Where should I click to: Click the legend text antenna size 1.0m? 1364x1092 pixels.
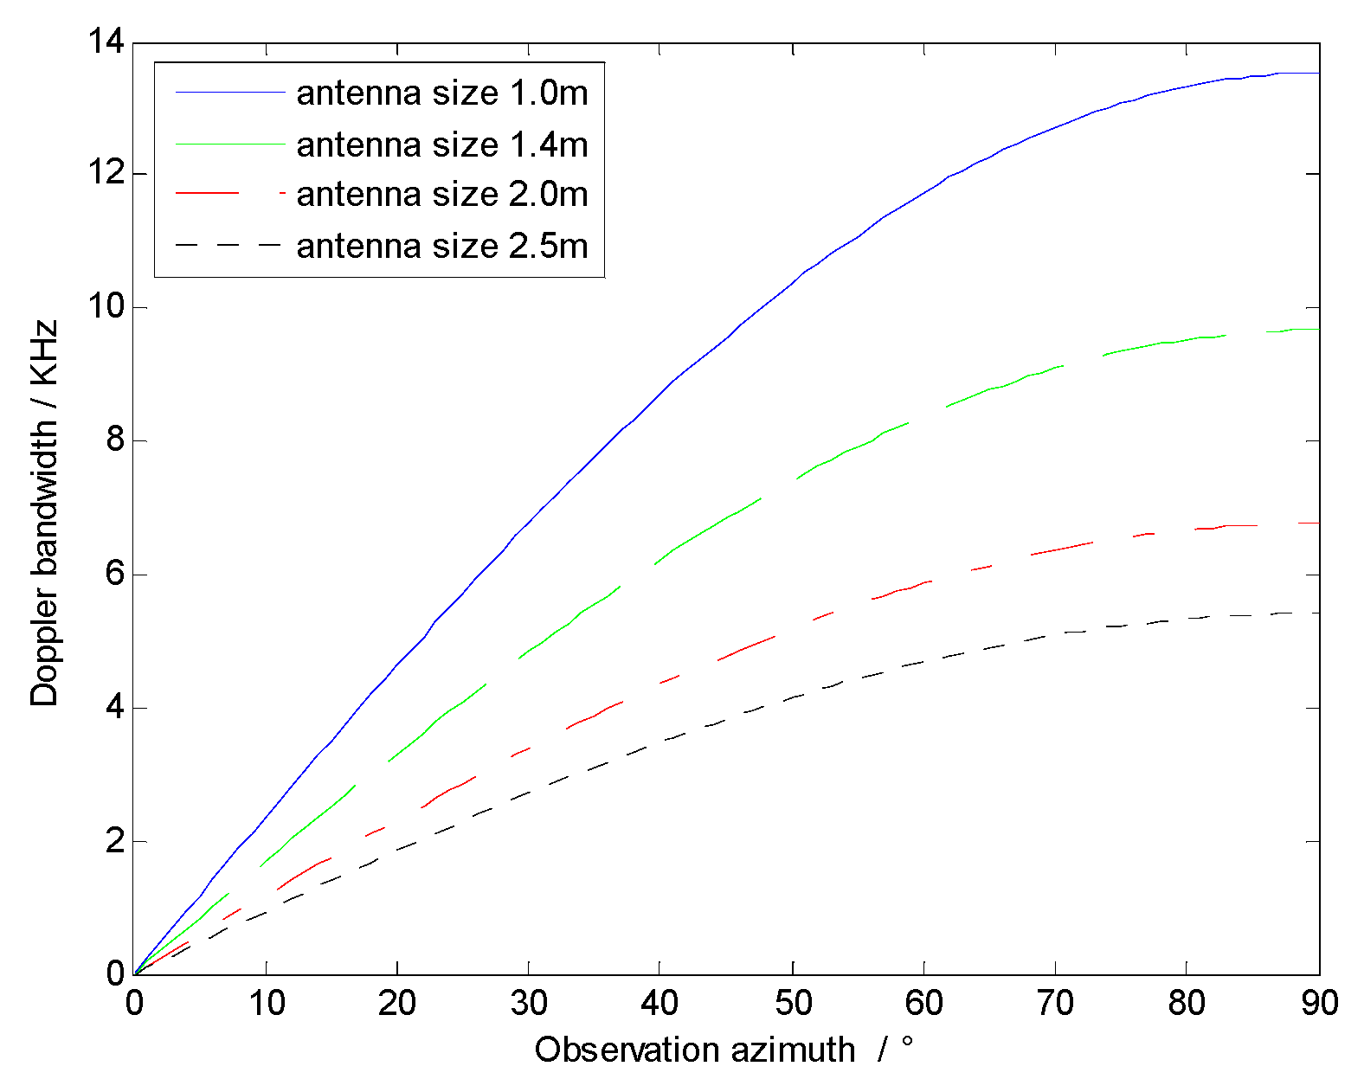[441, 93]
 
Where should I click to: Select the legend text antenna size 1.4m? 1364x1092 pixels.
[441, 145]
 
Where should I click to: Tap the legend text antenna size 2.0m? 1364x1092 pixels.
[441, 195]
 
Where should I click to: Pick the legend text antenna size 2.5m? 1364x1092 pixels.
[441, 247]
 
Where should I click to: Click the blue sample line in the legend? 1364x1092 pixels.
[229, 92]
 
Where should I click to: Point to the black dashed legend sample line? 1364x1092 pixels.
[229, 246]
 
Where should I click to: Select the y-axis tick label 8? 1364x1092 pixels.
[115, 441]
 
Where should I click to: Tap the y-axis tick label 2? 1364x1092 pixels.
[115, 841]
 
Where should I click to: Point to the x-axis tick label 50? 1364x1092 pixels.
[792, 1004]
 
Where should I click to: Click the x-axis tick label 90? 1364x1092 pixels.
[1318, 1004]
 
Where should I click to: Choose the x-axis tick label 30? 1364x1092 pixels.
[529, 1004]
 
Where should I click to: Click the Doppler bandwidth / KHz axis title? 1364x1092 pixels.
[44, 512]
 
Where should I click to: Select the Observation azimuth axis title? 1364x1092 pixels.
[694, 1050]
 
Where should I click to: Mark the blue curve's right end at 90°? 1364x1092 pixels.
[1317, 74]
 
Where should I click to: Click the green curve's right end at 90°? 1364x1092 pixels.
[1317, 329]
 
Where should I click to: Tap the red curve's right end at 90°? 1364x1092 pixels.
[1317, 523]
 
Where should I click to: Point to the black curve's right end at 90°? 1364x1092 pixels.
[1317, 613]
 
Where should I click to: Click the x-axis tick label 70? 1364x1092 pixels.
[1055, 1004]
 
